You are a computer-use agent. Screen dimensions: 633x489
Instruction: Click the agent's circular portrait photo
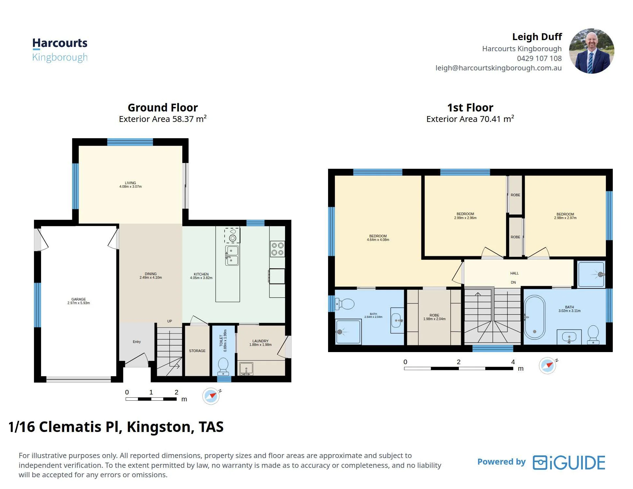click(x=591, y=51)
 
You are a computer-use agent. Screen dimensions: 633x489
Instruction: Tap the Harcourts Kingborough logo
click(x=60, y=50)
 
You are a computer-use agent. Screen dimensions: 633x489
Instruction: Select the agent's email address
click(x=498, y=68)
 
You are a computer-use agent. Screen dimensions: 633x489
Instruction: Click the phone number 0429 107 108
click(x=539, y=58)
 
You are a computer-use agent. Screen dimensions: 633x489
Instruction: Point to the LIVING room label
click(x=130, y=183)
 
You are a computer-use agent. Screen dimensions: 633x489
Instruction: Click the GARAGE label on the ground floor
click(x=79, y=299)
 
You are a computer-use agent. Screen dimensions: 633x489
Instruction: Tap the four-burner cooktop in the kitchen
click(x=278, y=249)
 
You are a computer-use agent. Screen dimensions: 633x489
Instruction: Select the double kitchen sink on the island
click(x=232, y=256)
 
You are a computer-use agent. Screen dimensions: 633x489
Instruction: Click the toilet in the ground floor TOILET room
click(x=223, y=366)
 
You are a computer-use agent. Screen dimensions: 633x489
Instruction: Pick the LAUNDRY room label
click(x=260, y=341)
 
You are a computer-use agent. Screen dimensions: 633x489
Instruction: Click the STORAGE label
click(x=197, y=351)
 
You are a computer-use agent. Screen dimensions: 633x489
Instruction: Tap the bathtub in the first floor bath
click(x=535, y=318)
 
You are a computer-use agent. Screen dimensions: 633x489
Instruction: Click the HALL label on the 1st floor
click(x=514, y=273)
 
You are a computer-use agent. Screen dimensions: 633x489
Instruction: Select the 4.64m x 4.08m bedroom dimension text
click(x=378, y=240)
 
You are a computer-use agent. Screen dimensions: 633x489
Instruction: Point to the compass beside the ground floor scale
click(x=211, y=396)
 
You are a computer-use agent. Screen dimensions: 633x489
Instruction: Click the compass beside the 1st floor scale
click(x=548, y=365)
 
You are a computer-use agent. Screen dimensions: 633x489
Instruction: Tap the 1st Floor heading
click(x=470, y=108)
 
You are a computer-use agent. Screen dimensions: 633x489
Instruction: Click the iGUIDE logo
click(x=569, y=463)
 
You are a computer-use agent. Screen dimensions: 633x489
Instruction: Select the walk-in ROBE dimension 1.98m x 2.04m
click(x=434, y=319)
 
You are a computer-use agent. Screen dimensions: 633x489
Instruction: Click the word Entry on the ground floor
click(x=137, y=342)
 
